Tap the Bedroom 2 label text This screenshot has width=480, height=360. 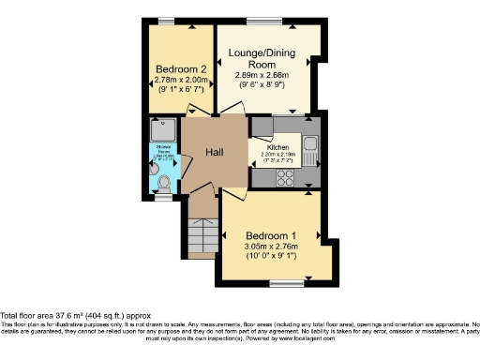tap(179, 69)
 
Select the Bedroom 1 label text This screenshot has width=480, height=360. tap(271, 234)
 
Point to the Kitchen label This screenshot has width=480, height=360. tap(277, 147)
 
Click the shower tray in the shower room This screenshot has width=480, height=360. tap(163, 130)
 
